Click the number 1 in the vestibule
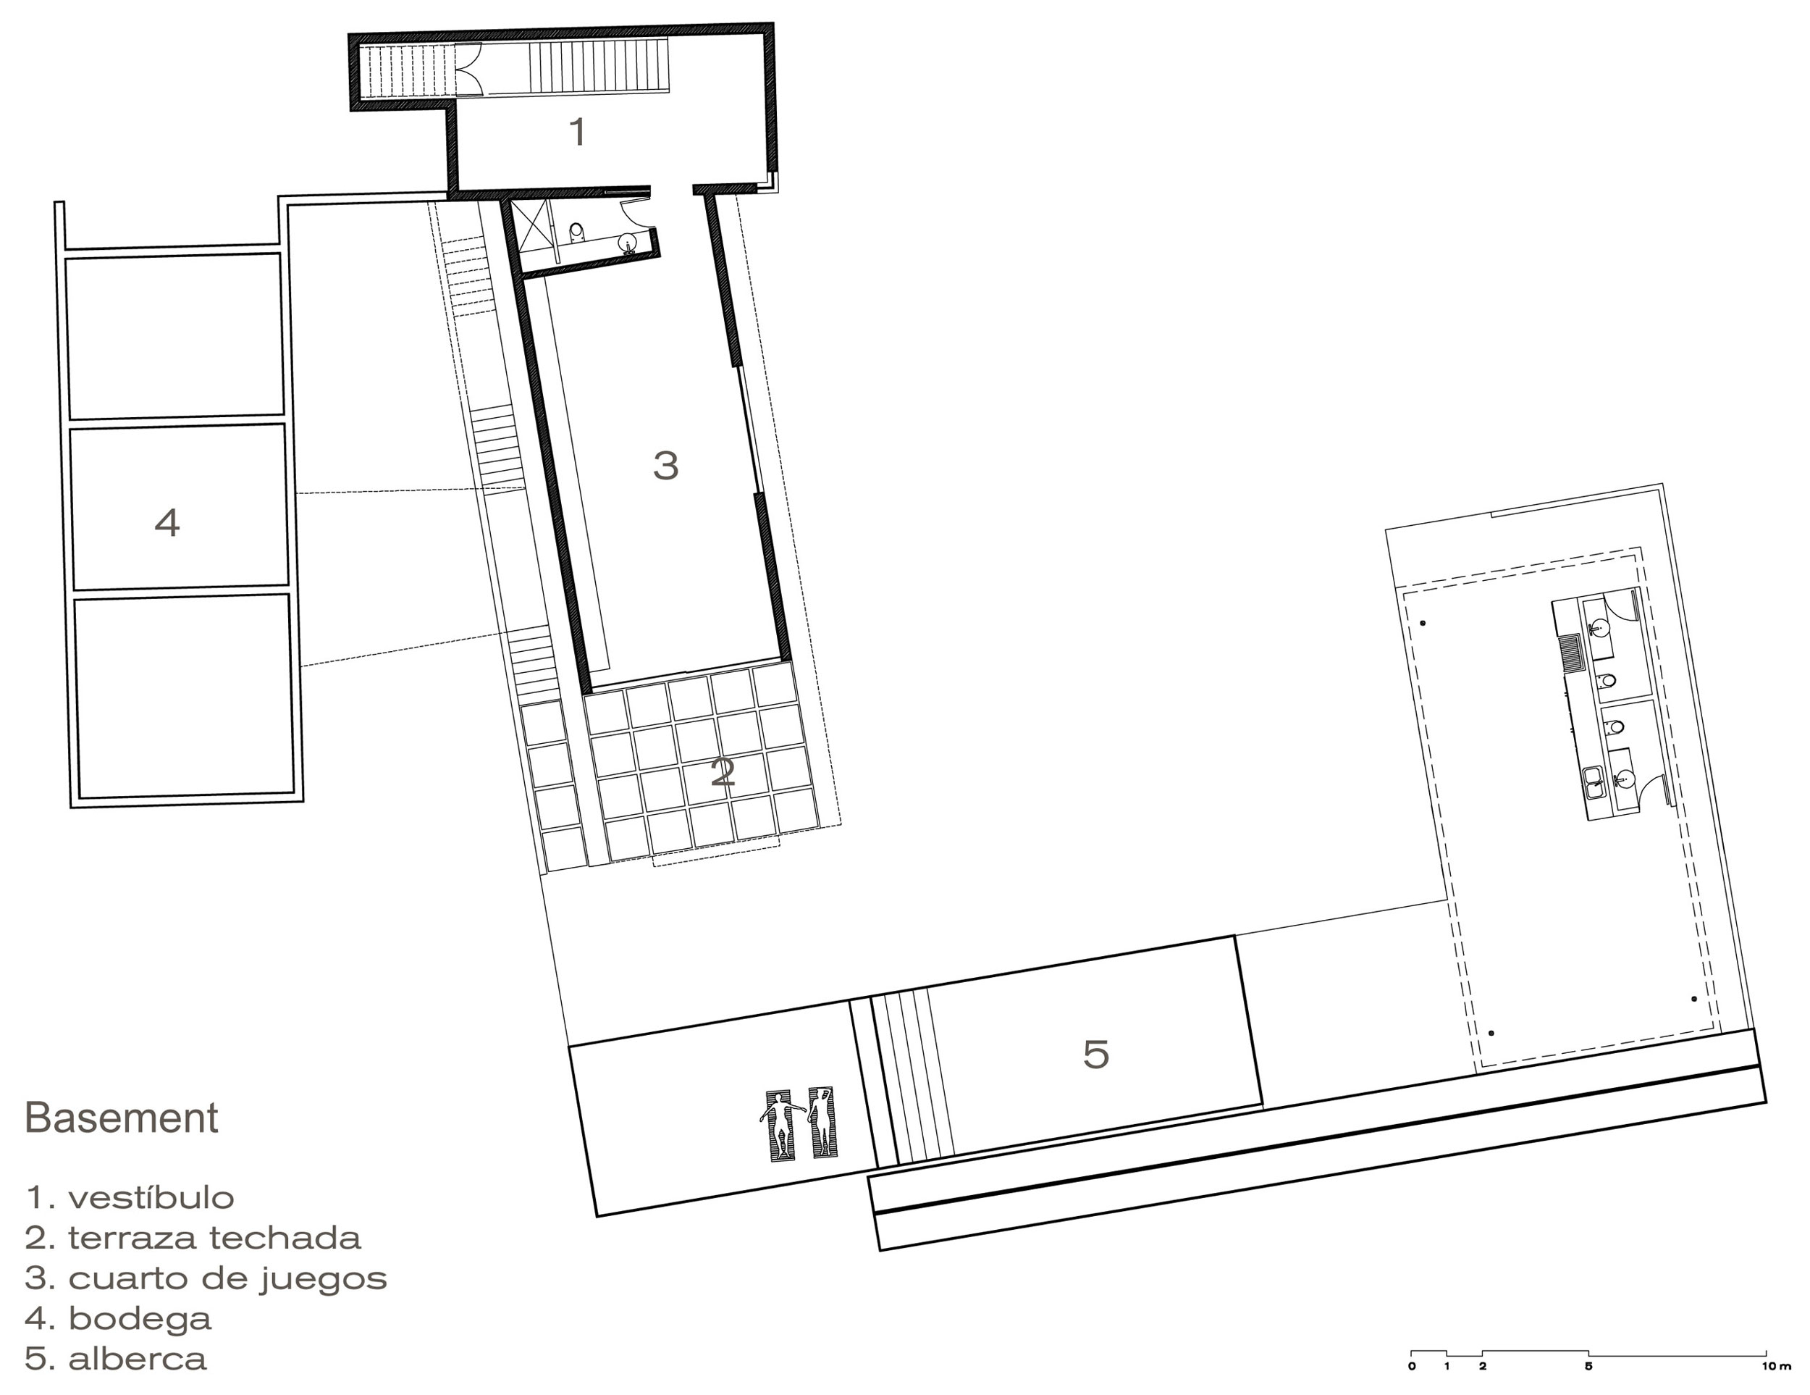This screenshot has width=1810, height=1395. point(578,132)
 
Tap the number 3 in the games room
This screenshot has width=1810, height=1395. point(666,465)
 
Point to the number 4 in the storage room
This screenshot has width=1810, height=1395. point(167,523)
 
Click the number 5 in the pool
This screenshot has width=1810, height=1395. point(1095,1054)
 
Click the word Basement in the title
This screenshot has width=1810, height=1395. point(122,1118)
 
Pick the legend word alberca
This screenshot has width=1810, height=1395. point(138,1360)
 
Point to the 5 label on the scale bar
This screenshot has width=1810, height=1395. point(1588,1366)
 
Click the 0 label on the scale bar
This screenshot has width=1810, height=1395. point(1411,1366)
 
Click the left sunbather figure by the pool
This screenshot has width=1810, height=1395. point(780,1123)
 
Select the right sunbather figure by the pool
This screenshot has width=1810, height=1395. point(822,1121)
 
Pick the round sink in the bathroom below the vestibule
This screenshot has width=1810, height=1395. point(629,242)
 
